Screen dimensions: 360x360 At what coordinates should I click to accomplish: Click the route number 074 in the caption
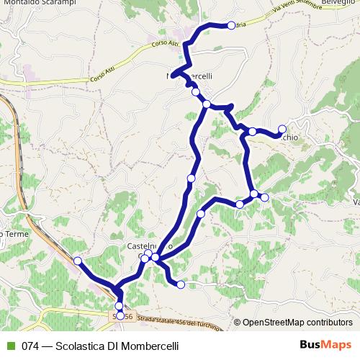click(30, 346)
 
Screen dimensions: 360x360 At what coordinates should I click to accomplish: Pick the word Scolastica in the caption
click(81, 346)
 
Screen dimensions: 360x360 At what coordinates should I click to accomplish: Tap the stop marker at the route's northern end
click(230, 26)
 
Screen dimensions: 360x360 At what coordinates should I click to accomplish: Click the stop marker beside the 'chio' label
click(282, 129)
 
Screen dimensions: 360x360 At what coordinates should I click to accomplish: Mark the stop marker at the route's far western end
click(77, 261)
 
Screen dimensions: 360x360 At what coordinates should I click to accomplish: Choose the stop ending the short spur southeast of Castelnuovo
click(181, 285)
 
